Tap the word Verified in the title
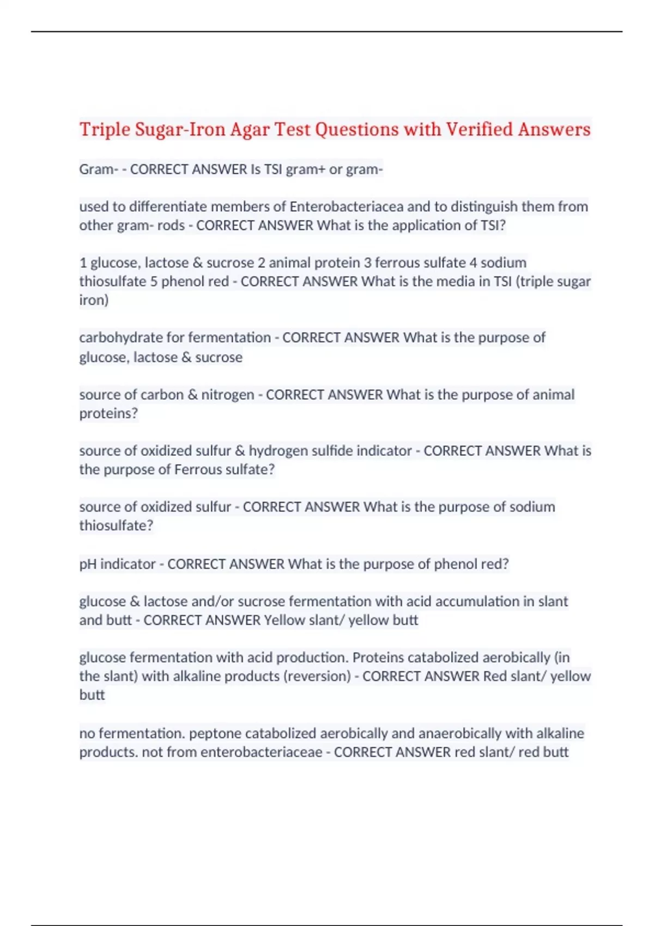[x=479, y=130]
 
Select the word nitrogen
[x=227, y=394]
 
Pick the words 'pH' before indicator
[x=88, y=564]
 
